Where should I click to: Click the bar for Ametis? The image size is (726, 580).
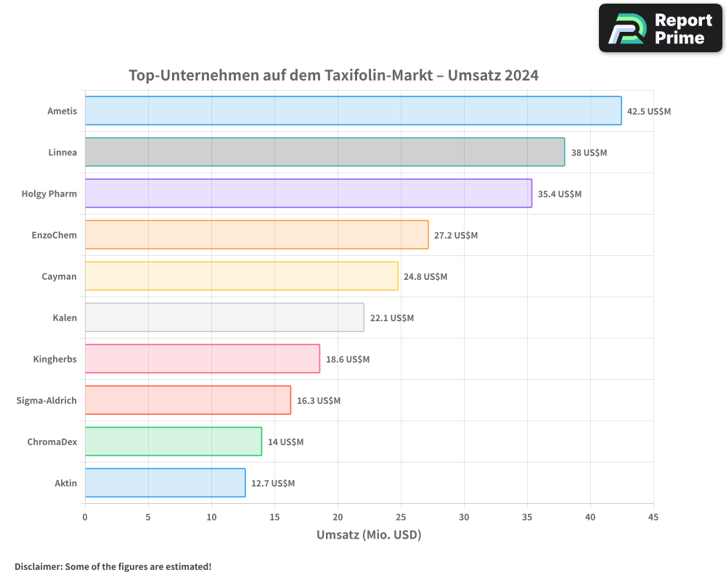click(353, 111)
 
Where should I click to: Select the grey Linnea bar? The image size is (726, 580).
click(325, 152)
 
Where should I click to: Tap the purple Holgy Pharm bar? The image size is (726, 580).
click(308, 194)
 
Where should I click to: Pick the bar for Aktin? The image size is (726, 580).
click(165, 483)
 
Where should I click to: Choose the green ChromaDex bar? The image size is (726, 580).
click(173, 442)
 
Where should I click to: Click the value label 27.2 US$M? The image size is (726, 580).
click(456, 236)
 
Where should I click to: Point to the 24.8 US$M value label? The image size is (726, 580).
click(425, 277)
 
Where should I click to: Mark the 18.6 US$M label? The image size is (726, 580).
click(347, 360)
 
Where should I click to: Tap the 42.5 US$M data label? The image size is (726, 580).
click(649, 112)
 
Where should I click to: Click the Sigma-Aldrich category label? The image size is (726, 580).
click(46, 400)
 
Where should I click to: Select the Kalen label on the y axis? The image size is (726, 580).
click(65, 318)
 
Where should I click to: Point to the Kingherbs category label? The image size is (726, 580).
click(54, 359)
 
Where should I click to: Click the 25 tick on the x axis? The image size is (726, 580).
click(401, 518)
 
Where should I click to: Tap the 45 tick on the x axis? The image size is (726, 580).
click(653, 518)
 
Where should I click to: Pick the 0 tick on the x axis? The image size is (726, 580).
click(85, 518)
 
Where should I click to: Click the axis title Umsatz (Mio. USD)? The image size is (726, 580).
click(369, 535)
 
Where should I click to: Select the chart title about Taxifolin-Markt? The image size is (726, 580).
click(333, 75)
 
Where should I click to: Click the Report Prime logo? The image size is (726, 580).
click(660, 29)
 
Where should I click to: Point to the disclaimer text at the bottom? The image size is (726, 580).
click(113, 566)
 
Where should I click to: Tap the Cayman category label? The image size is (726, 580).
click(59, 276)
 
